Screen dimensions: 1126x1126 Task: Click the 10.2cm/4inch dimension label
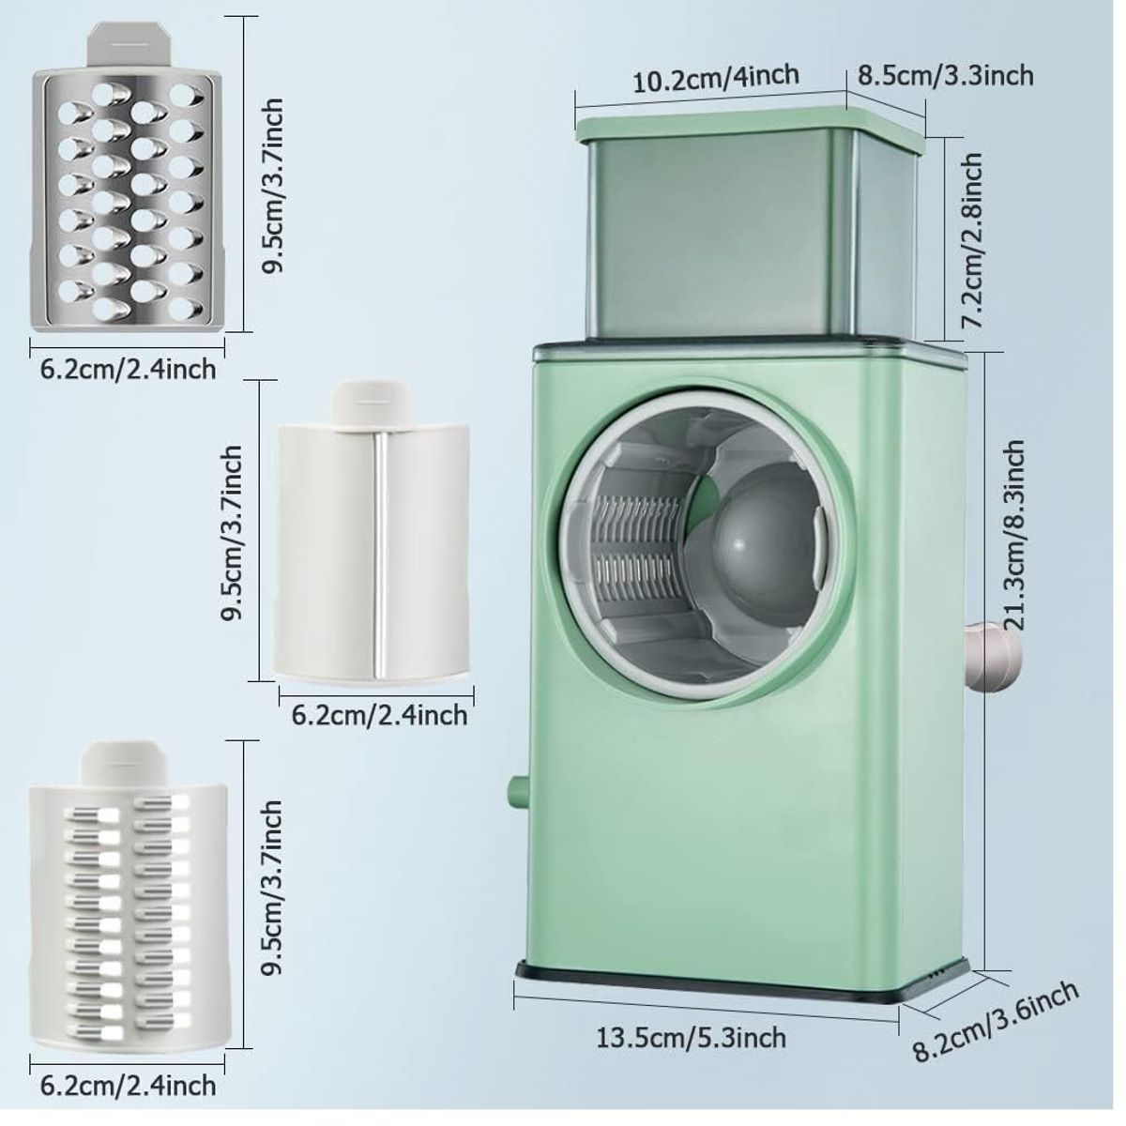(716, 79)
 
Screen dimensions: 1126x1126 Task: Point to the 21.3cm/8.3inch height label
(1012, 535)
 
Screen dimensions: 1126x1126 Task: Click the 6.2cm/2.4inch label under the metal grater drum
(128, 369)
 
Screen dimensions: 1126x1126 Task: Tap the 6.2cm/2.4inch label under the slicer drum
(379, 715)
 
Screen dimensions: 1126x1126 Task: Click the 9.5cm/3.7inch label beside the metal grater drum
(272, 185)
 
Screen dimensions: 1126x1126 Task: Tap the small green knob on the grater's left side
(519, 792)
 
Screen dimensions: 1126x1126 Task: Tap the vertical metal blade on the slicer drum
(380, 555)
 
